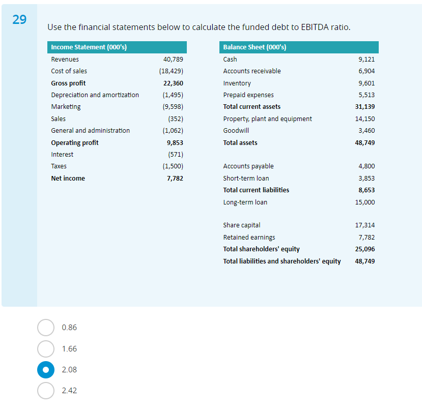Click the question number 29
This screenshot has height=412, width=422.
coord(19,20)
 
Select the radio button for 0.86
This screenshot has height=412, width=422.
coord(45,328)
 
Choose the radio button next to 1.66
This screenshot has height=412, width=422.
coord(45,349)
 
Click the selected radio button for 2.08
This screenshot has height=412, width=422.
coord(45,370)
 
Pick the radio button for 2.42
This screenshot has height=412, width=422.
coord(45,391)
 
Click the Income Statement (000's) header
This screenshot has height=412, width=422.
coord(89,47)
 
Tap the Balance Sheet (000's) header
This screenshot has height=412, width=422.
coord(255,47)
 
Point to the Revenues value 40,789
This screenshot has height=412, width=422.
coord(173,60)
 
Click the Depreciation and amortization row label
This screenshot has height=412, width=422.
coord(95,95)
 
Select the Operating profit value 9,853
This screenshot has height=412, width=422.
coord(175,143)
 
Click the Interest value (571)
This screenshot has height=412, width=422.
coord(175,155)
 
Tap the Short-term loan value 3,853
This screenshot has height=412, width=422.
coord(367,179)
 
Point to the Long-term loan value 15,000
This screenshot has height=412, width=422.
coord(365,202)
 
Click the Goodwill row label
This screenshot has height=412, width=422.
coord(236,131)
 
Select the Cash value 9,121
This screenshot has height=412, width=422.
coord(367,60)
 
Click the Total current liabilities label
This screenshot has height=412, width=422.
coord(256,190)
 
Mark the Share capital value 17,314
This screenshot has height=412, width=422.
coord(365,225)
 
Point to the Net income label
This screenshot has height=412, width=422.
coord(68,179)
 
